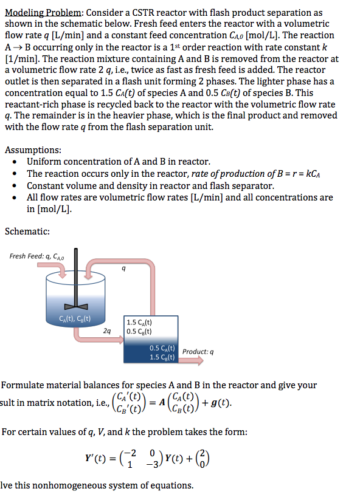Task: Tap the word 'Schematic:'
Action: [x=27, y=231]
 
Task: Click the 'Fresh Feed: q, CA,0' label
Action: [x=34, y=256]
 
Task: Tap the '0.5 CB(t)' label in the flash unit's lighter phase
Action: [x=139, y=332]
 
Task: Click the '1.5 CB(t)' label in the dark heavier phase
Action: [x=162, y=357]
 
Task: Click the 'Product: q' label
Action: [x=198, y=352]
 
